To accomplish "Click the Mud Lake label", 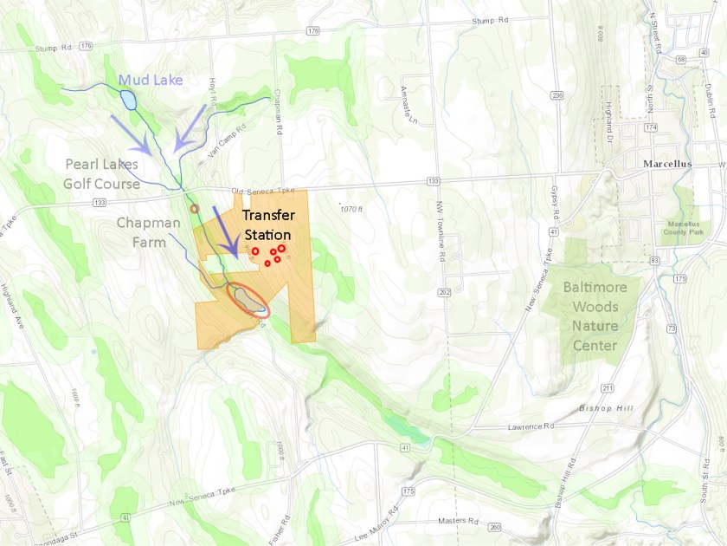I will click(x=151, y=81).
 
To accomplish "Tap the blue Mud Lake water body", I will click(x=129, y=100).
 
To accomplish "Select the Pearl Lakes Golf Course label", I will click(x=101, y=173).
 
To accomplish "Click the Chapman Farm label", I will click(x=149, y=232).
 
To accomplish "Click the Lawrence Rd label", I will click(x=531, y=426).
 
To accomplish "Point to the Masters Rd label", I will click(x=459, y=521).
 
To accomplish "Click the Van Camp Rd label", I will click(x=221, y=140).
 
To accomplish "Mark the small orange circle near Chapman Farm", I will click(x=195, y=208).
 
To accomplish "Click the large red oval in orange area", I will click(x=249, y=299).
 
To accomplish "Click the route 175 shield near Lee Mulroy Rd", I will click(x=409, y=491).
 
